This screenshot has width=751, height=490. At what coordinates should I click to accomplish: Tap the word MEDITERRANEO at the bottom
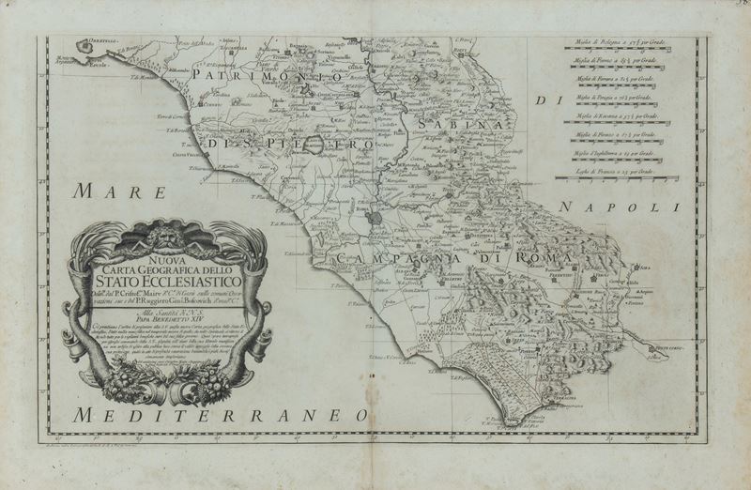coord(222,414)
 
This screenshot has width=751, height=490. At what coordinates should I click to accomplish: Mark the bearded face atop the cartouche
coord(166,230)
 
